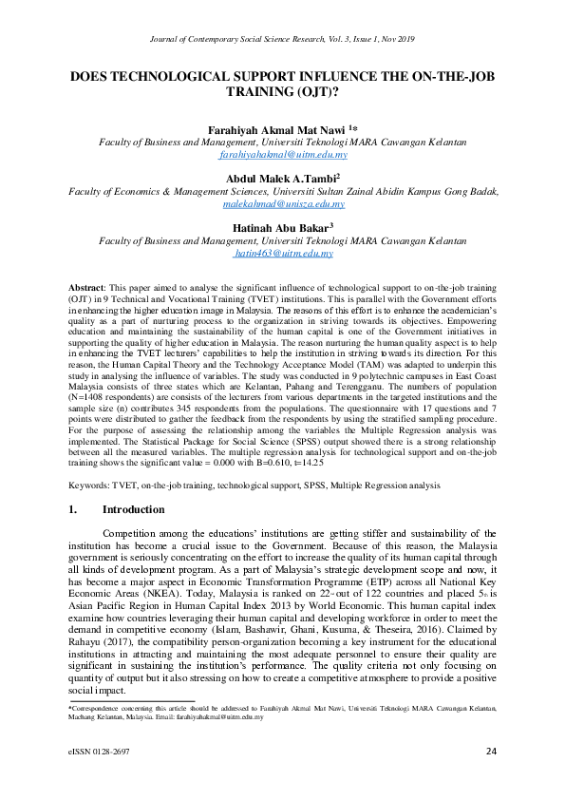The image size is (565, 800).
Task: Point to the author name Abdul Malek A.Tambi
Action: (x=280, y=178)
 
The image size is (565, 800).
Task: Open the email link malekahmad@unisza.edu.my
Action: (x=283, y=203)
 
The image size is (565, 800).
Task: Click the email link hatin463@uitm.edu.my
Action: (x=283, y=254)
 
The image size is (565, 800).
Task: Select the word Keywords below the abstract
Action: (x=91, y=485)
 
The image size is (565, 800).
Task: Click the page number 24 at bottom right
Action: (x=491, y=752)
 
